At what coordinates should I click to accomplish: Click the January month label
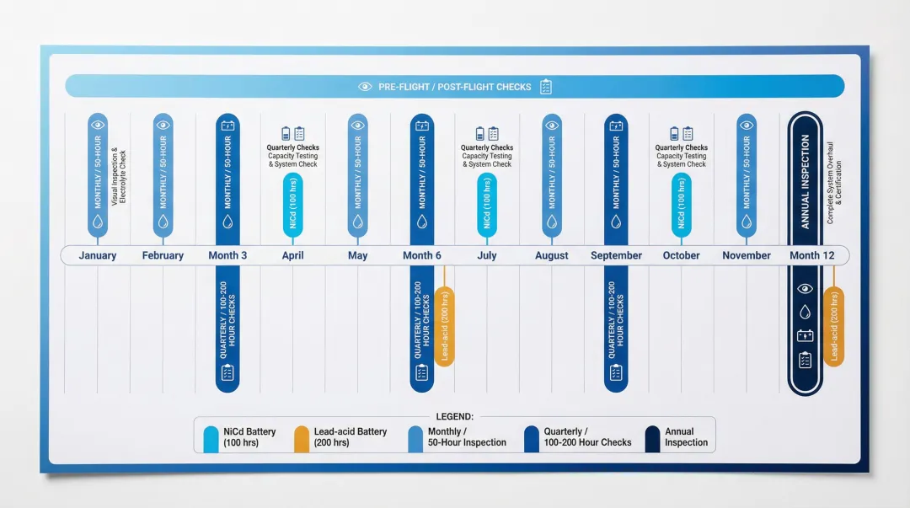[x=98, y=255]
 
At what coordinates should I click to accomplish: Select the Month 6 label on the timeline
[x=422, y=255]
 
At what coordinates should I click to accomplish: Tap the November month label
[x=747, y=255]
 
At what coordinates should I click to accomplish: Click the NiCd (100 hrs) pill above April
[x=292, y=205]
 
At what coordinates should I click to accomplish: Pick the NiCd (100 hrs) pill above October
[x=681, y=205]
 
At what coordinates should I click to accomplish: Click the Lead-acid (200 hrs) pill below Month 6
[x=445, y=327]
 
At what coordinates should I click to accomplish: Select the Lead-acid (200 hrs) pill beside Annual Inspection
[x=833, y=327]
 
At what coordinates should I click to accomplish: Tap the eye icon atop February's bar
[x=163, y=125]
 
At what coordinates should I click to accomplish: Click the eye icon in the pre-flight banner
[x=365, y=87]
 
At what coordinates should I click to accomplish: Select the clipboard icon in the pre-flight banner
[x=546, y=87]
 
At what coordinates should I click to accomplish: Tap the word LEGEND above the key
[x=455, y=416]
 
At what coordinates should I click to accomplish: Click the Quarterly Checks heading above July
[x=487, y=147]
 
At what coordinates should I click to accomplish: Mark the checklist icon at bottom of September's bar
[x=616, y=372]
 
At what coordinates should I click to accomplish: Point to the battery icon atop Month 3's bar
[x=227, y=126]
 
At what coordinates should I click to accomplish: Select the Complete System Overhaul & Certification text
[x=833, y=191]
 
